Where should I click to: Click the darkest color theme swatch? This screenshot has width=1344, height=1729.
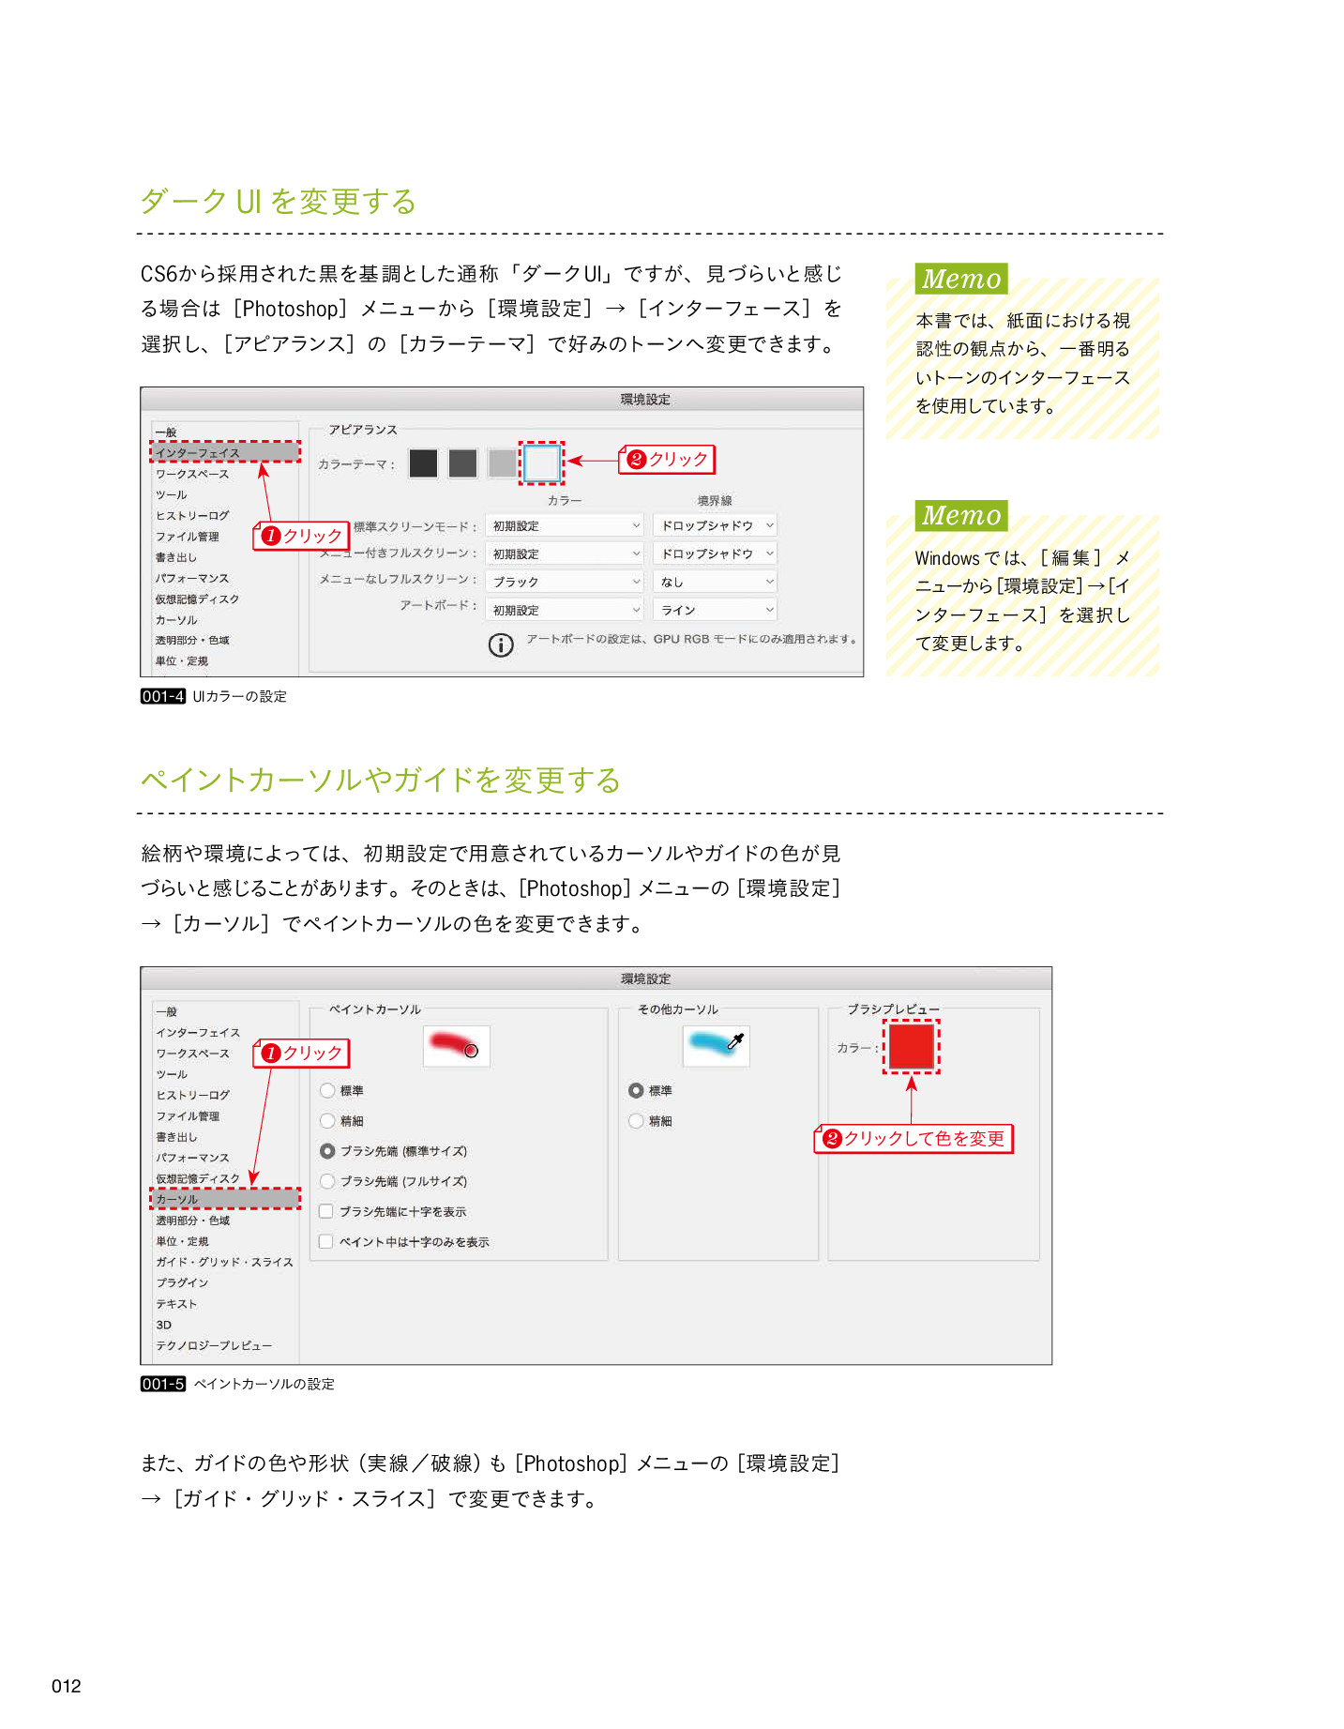(x=423, y=463)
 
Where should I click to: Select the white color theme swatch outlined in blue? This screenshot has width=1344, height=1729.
(x=541, y=463)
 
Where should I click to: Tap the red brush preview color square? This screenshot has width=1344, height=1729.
(x=911, y=1046)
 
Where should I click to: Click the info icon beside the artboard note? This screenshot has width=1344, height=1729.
(x=501, y=645)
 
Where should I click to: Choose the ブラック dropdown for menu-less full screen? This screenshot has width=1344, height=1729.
(x=566, y=582)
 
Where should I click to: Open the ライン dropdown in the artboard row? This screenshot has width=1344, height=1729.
(x=717, y=610)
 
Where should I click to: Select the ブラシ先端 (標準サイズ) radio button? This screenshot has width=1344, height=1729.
(x=327, y=1151)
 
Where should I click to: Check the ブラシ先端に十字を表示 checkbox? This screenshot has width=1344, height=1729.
(x=326, y=1211)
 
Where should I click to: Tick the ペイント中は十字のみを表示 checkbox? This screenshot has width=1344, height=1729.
(x=326, y=1241)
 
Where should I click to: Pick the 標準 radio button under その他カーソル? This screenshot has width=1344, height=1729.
(x=636, y=1090)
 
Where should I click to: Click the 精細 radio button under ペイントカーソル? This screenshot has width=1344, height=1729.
(x=327, y=1120)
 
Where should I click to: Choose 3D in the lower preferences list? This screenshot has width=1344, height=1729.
(x=164, y=1325)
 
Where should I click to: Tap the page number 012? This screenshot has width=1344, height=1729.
(x=67, y=1686)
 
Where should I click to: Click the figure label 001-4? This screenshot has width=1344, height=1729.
(x=163, y=696)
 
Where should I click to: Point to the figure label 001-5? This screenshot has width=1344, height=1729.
(x=163, y=1384)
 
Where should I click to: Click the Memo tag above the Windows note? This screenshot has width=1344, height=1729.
(x=961, y=516)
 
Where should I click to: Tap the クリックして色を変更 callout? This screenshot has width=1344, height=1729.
(x=914, y=1139)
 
